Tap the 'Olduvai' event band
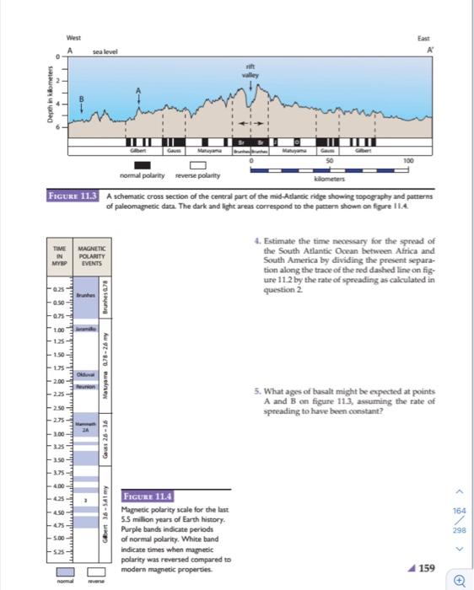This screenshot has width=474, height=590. [88, 372]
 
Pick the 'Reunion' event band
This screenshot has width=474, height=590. [88, 383]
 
